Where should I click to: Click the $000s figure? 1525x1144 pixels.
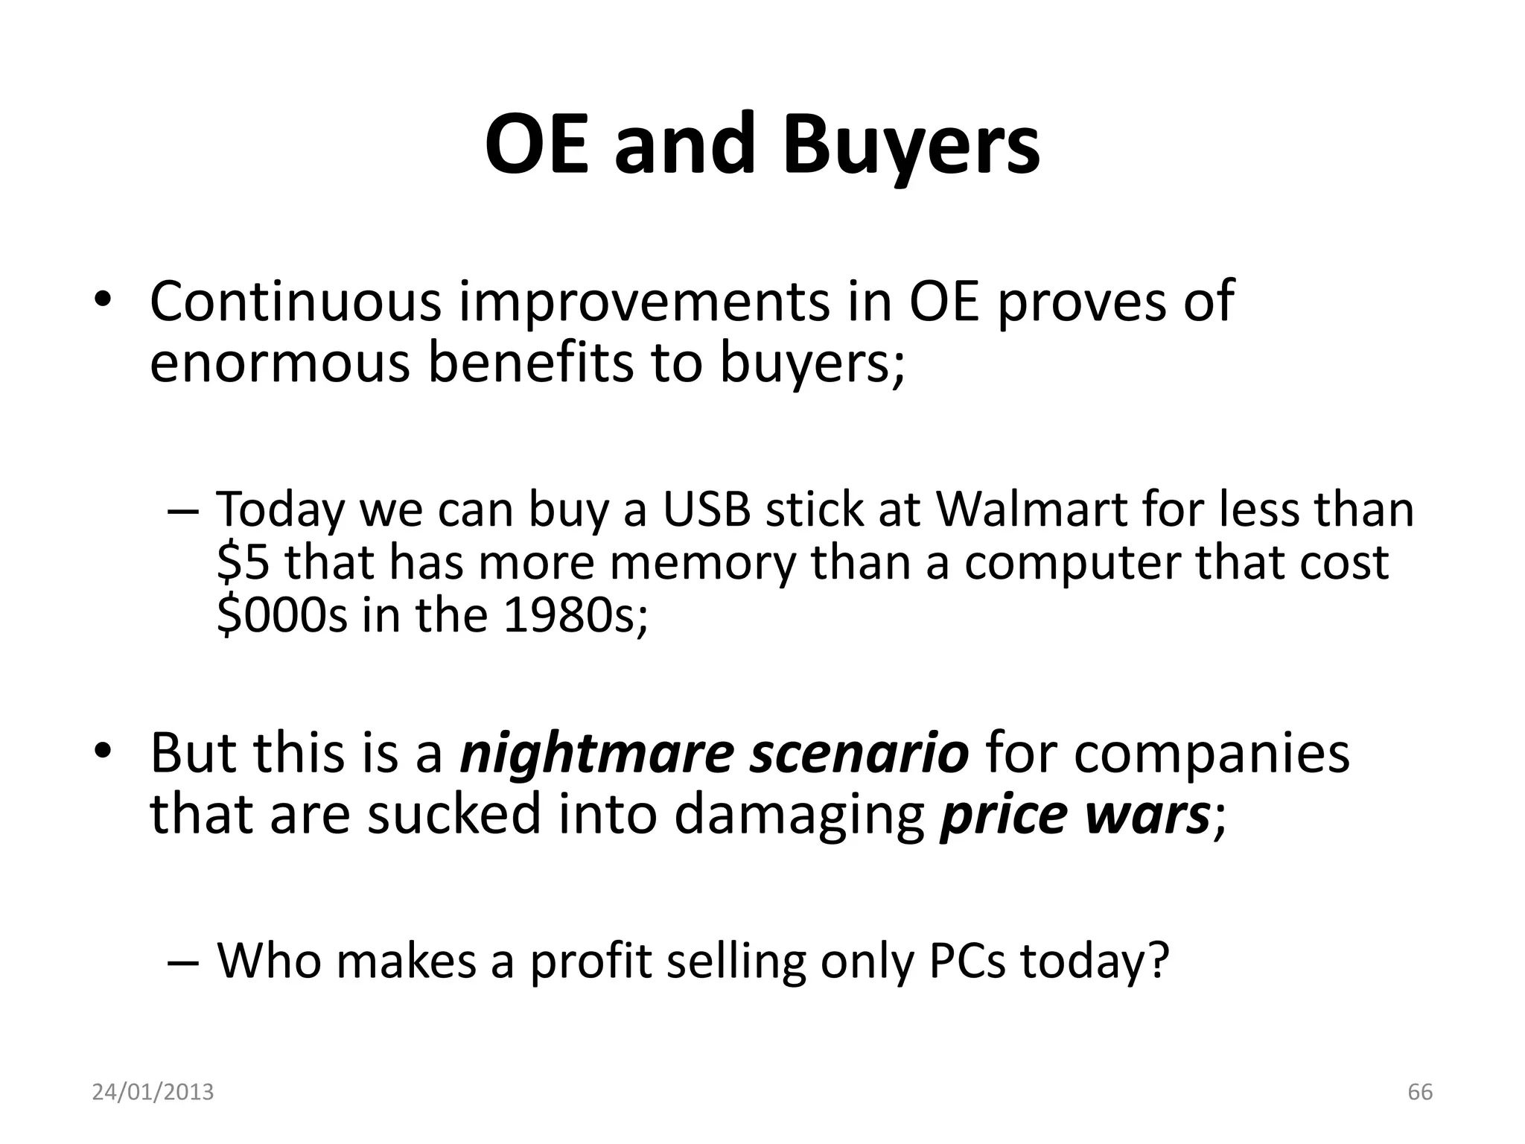point(282,614)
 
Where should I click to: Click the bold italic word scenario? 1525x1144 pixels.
point(859,753)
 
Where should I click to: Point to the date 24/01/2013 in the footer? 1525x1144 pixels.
point(153,1093)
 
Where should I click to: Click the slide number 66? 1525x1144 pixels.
point(1420,1093)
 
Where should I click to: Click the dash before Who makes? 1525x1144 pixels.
point(183,962)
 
